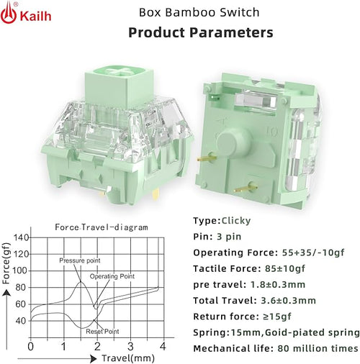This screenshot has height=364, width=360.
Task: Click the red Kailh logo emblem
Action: click(9, 13)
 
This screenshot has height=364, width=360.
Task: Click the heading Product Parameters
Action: click(201, 32)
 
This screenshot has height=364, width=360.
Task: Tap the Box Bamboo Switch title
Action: click(199, 12)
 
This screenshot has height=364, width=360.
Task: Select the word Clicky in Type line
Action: click(236, 221)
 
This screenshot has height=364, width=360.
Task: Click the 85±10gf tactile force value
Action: click(285, 268)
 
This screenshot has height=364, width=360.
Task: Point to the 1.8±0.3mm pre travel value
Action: click(278, 285)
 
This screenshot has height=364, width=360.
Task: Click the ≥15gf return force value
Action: click(277, 317)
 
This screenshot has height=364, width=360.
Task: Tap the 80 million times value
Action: click(318, 348)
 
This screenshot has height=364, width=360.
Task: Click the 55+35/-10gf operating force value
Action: click(313, 252)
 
